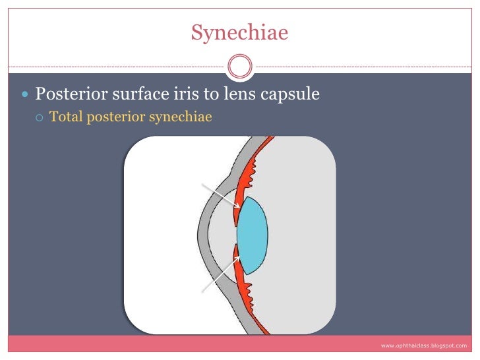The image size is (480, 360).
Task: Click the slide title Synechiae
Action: point(239,32)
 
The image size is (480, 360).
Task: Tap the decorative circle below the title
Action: point(239,66)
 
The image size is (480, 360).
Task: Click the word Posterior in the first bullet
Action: point(69,95)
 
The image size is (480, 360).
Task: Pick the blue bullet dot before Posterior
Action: point(26,96)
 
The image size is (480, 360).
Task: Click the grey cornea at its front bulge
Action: point(202,234)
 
